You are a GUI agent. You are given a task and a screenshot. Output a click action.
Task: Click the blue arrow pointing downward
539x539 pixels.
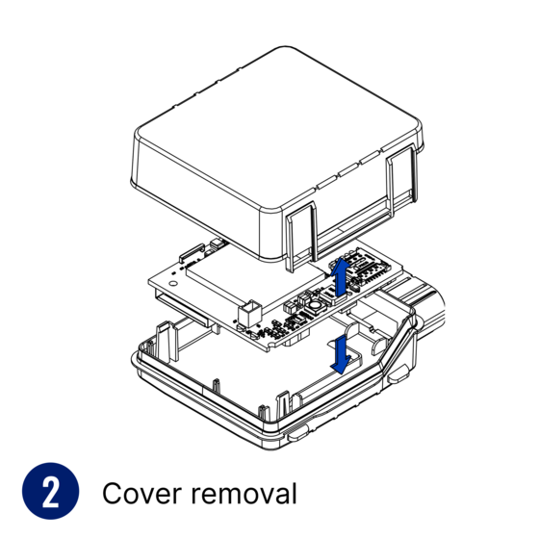pos(341,355)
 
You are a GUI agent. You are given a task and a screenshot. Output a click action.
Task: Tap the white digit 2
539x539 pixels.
pos(50,493)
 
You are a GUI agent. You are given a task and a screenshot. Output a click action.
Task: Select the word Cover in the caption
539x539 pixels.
pos(141,494)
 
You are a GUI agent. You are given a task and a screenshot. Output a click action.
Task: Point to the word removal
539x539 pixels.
pos(244,493)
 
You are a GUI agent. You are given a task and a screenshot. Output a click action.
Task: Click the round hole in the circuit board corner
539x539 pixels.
pos(173,284)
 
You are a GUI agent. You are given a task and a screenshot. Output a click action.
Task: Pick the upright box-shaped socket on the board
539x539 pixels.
pos(250,314)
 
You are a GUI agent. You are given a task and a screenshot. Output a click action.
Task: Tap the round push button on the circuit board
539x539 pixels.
pos(315,306)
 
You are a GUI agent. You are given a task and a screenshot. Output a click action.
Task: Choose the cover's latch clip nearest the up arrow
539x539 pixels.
pos(301,236)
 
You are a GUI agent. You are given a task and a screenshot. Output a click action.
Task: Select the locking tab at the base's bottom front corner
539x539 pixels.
pos(297,433)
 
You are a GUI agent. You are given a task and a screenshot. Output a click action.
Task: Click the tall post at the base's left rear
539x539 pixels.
pos(167,341)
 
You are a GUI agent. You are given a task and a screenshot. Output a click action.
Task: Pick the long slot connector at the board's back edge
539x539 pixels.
pos(192,252)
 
